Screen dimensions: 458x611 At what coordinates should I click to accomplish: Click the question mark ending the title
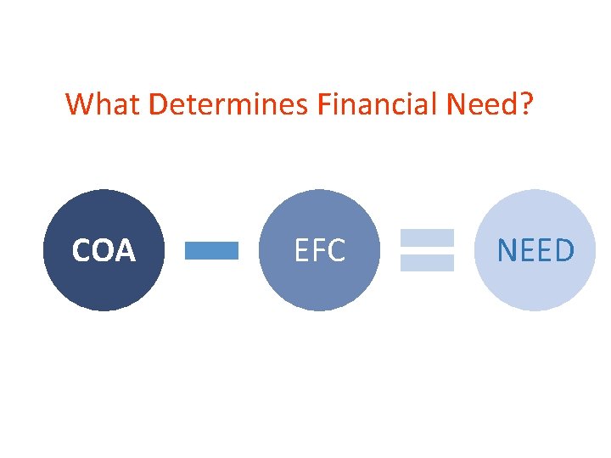coord(526,104)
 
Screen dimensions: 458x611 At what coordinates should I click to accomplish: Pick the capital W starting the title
coord(79,104)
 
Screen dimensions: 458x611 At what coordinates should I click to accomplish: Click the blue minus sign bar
coord(211,250)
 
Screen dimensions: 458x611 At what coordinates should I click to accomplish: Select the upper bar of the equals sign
coord(427,237)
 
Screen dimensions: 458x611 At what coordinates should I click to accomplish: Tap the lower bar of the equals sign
coord(427,263)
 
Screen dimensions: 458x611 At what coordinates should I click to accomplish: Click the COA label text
coord(104,251)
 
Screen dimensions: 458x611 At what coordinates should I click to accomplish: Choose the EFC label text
coord(319,251)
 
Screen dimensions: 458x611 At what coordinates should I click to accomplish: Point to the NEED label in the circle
coord(535,251)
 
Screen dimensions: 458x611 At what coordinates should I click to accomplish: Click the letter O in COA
coord(104,251)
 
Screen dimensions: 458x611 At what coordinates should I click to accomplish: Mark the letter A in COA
coord(125,251)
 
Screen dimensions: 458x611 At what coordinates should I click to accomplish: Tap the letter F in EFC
coord(319,251)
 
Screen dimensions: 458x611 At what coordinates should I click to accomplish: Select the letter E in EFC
coord(301,251)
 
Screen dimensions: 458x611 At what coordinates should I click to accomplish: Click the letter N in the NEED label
coord(507,251)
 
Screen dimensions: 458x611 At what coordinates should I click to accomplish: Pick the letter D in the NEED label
coord(563,251)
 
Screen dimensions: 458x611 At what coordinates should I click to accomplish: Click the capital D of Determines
coord(158,104)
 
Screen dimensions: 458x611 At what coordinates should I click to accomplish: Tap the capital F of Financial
coord(324,104)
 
